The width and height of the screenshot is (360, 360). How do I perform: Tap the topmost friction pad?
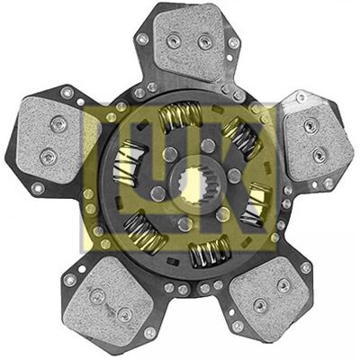pyautogui.click(x=190, y=42)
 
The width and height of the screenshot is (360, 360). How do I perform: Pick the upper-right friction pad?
pyautogui.click(x=318, y=140)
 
